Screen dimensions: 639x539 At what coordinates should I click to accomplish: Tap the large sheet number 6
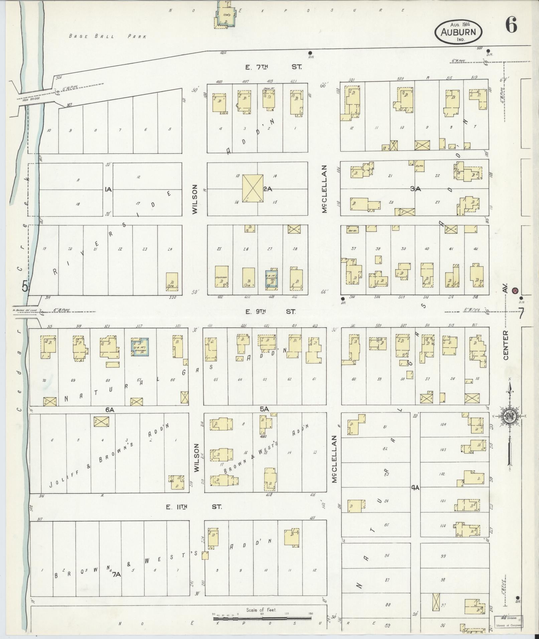tap(511, 25)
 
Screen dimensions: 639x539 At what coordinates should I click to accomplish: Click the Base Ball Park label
tap(108, 36)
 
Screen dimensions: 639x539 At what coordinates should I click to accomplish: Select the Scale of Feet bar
tap(262, 619)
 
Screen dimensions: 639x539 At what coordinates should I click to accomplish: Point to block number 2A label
tap(268, 189)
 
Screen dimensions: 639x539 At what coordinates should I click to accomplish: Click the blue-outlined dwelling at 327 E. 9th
tap(140, 347)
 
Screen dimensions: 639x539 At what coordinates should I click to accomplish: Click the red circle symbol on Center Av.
tap(515, 290)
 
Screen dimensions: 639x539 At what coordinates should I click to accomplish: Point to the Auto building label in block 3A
tap(420, 166)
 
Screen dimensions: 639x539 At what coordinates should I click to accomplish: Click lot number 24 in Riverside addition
tap(170, 249)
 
